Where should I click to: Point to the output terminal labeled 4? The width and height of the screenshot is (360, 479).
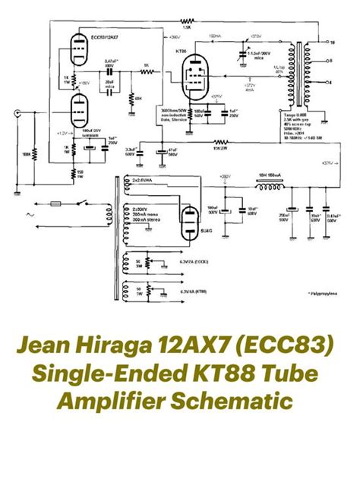[x=322, y=80]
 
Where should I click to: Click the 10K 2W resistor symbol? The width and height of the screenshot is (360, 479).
[x=220, y=142]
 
